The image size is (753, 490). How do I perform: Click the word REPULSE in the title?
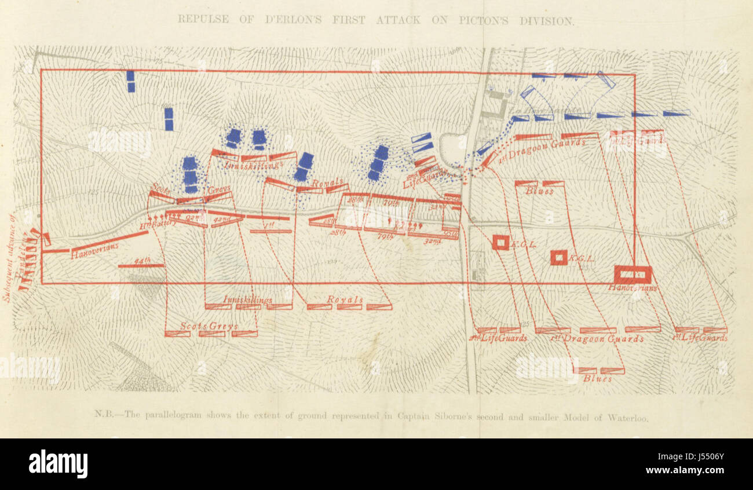[x=202, y=19]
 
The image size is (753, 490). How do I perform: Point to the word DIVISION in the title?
[x=546, y=20]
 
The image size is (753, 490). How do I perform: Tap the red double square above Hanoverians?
[x=633, y=273]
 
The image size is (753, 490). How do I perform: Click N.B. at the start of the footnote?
[x=102, y=415]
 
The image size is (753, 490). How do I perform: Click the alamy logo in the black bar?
[x=58, y=464]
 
